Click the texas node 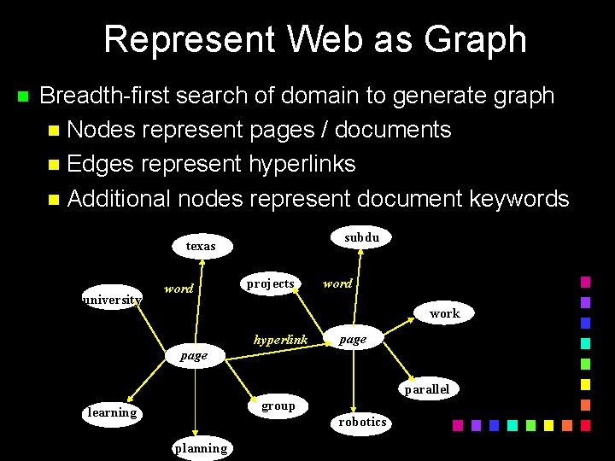(x=201, y=246)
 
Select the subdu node (x=362, y=237)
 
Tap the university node (x=112, y=300)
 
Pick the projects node (x=270, y=284)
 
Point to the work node (x=444, y=313)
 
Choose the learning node (x=112, y=413)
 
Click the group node (x=278, y=406)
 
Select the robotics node (x=362, y=422)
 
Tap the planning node (x=201, y=448)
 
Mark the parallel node (x=426, y=389)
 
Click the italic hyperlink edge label (x=280, y=340)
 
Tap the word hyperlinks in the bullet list (x=302, y=164)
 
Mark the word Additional (x=119, y=199)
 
